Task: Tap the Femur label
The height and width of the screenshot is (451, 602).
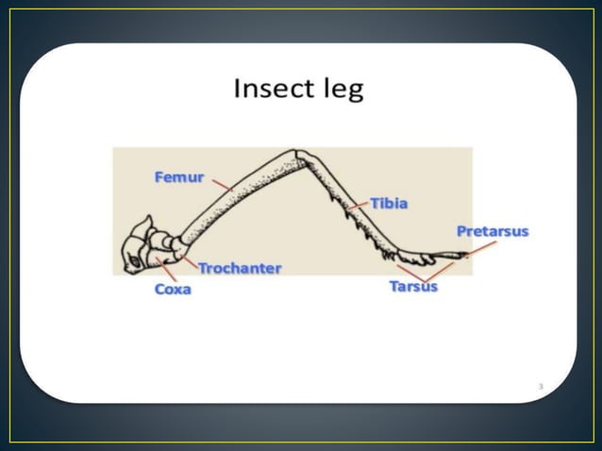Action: (178, 176)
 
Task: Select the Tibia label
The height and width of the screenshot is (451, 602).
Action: (389, 203)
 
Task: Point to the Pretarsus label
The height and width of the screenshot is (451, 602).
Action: (492, 231)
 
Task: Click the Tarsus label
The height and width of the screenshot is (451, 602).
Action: (413, 287)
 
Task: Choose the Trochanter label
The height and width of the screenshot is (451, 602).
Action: (240, 268)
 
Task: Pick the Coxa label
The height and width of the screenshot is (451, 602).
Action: (173, 290)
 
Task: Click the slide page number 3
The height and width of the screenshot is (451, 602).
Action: (541, 386)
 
